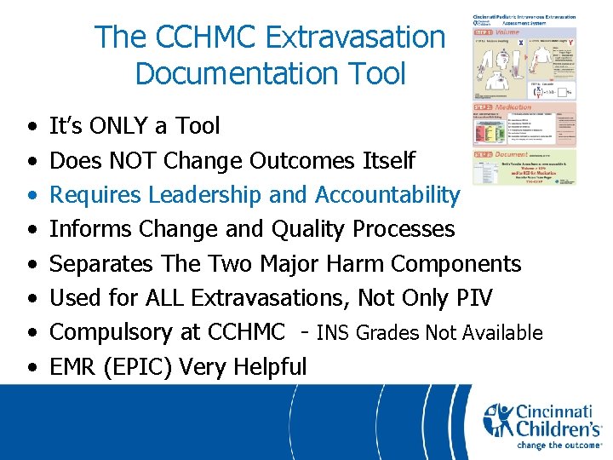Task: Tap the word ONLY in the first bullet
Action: point(123,126)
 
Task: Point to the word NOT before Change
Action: point(146,160)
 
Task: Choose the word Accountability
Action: point(387,195)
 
